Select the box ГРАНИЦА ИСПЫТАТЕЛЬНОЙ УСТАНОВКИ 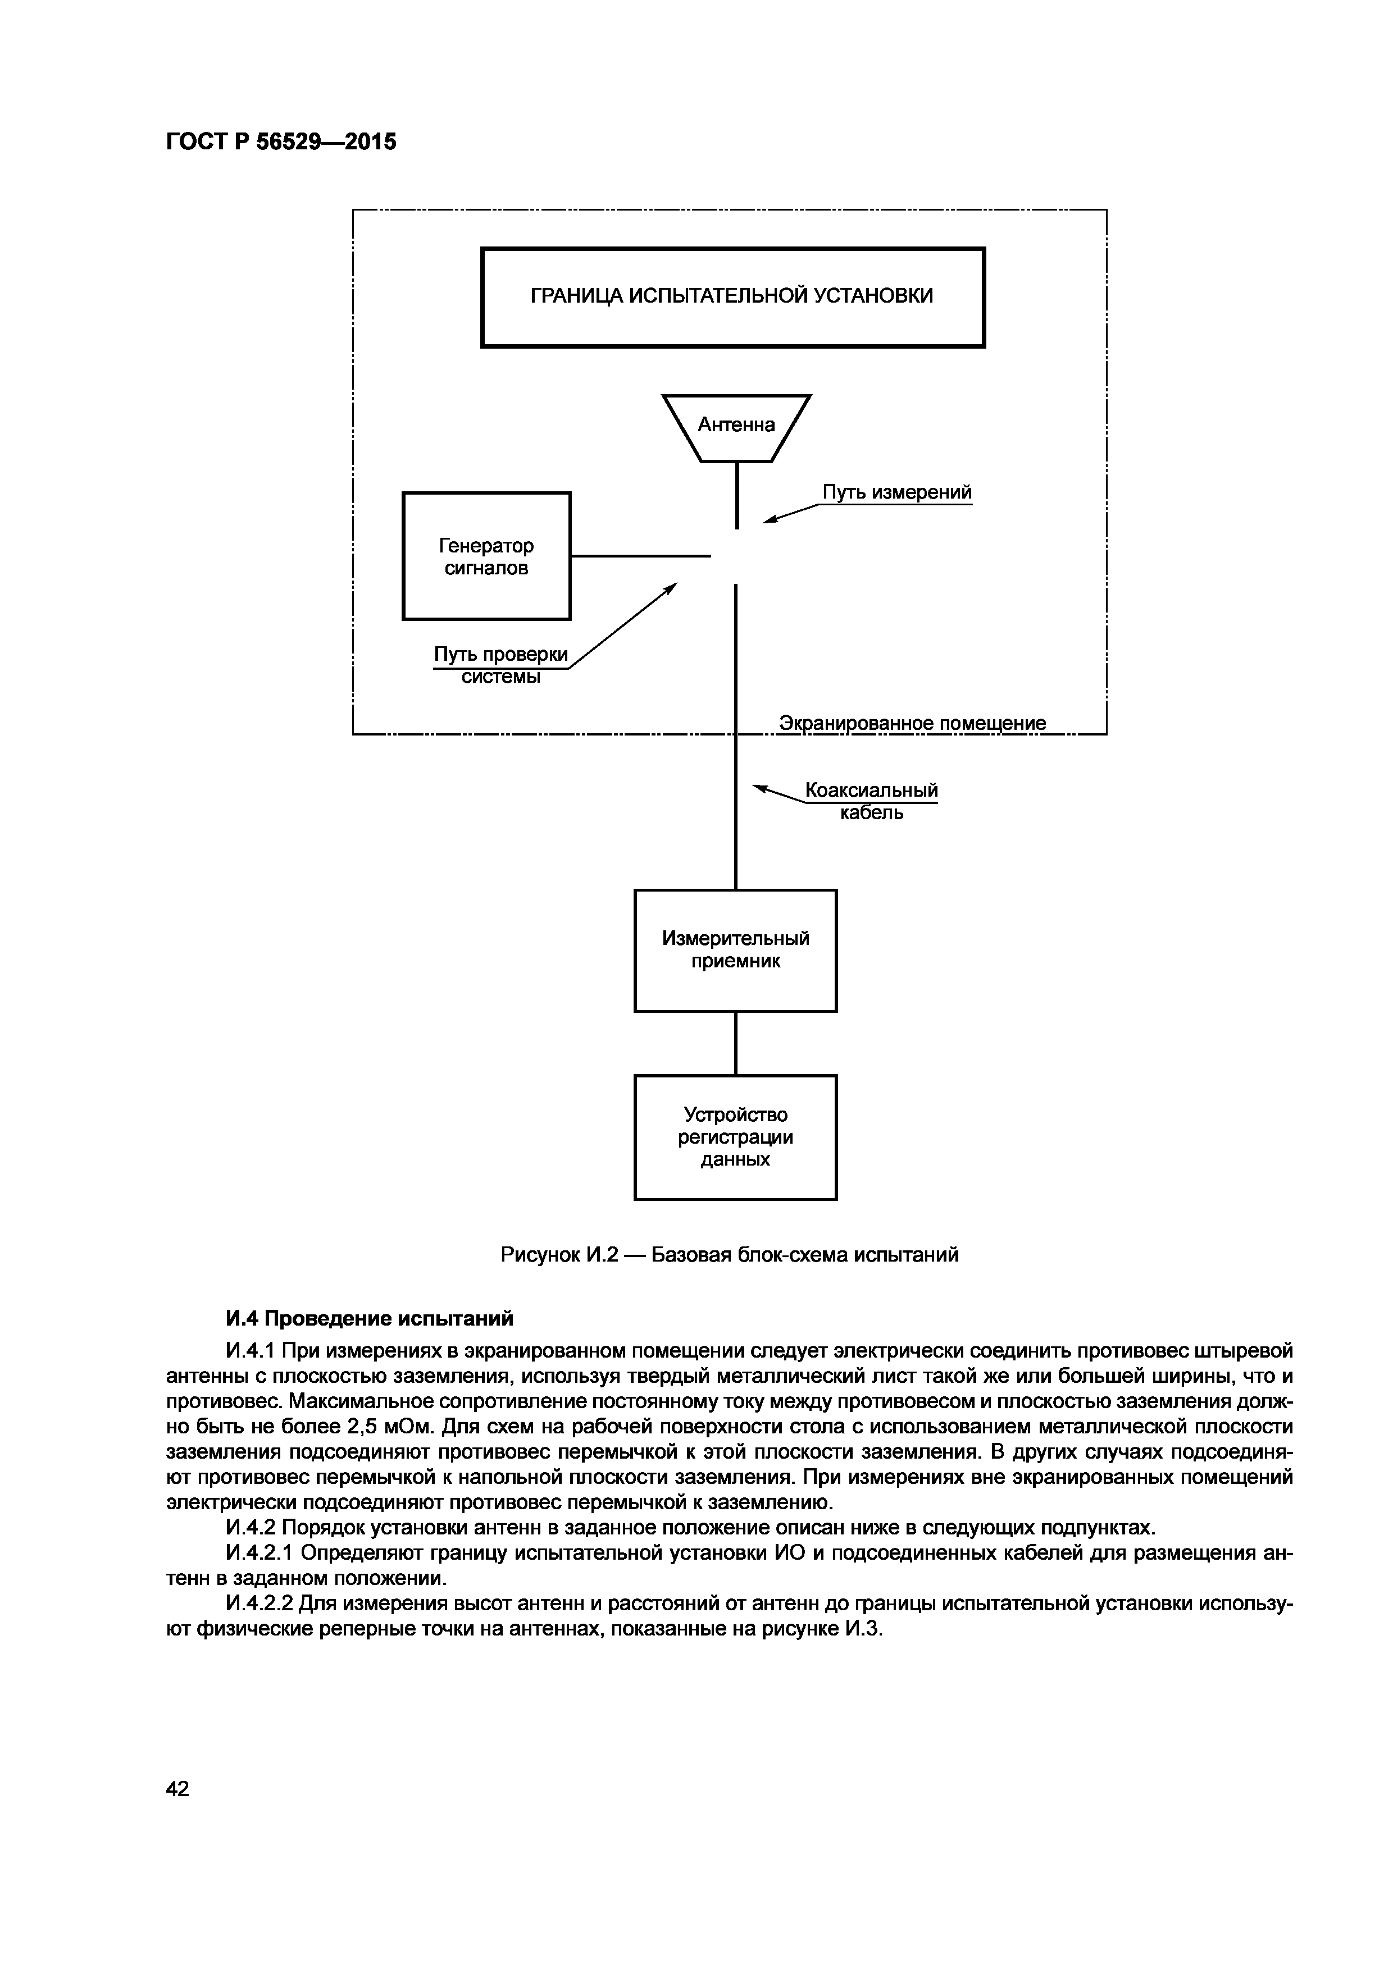click(x=732, y=296)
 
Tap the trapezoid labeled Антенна click(x=736, y=426)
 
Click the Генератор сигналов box click(x=486, y=556)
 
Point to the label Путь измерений click(x=896, y=492)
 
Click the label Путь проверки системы click(x=501, y=665)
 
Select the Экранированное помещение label click(x=912, y=723)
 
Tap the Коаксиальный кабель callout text click(x=871, y=800)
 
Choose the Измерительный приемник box click(x=735, y=950)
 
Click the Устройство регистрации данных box click(x=735, y=1137)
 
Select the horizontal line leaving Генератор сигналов click(x=641, y=556)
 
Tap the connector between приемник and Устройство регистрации click(x=736, y=1043)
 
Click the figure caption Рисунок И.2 click(x=729, y=1255)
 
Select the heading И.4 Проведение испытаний click(x=369, y=1318)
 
